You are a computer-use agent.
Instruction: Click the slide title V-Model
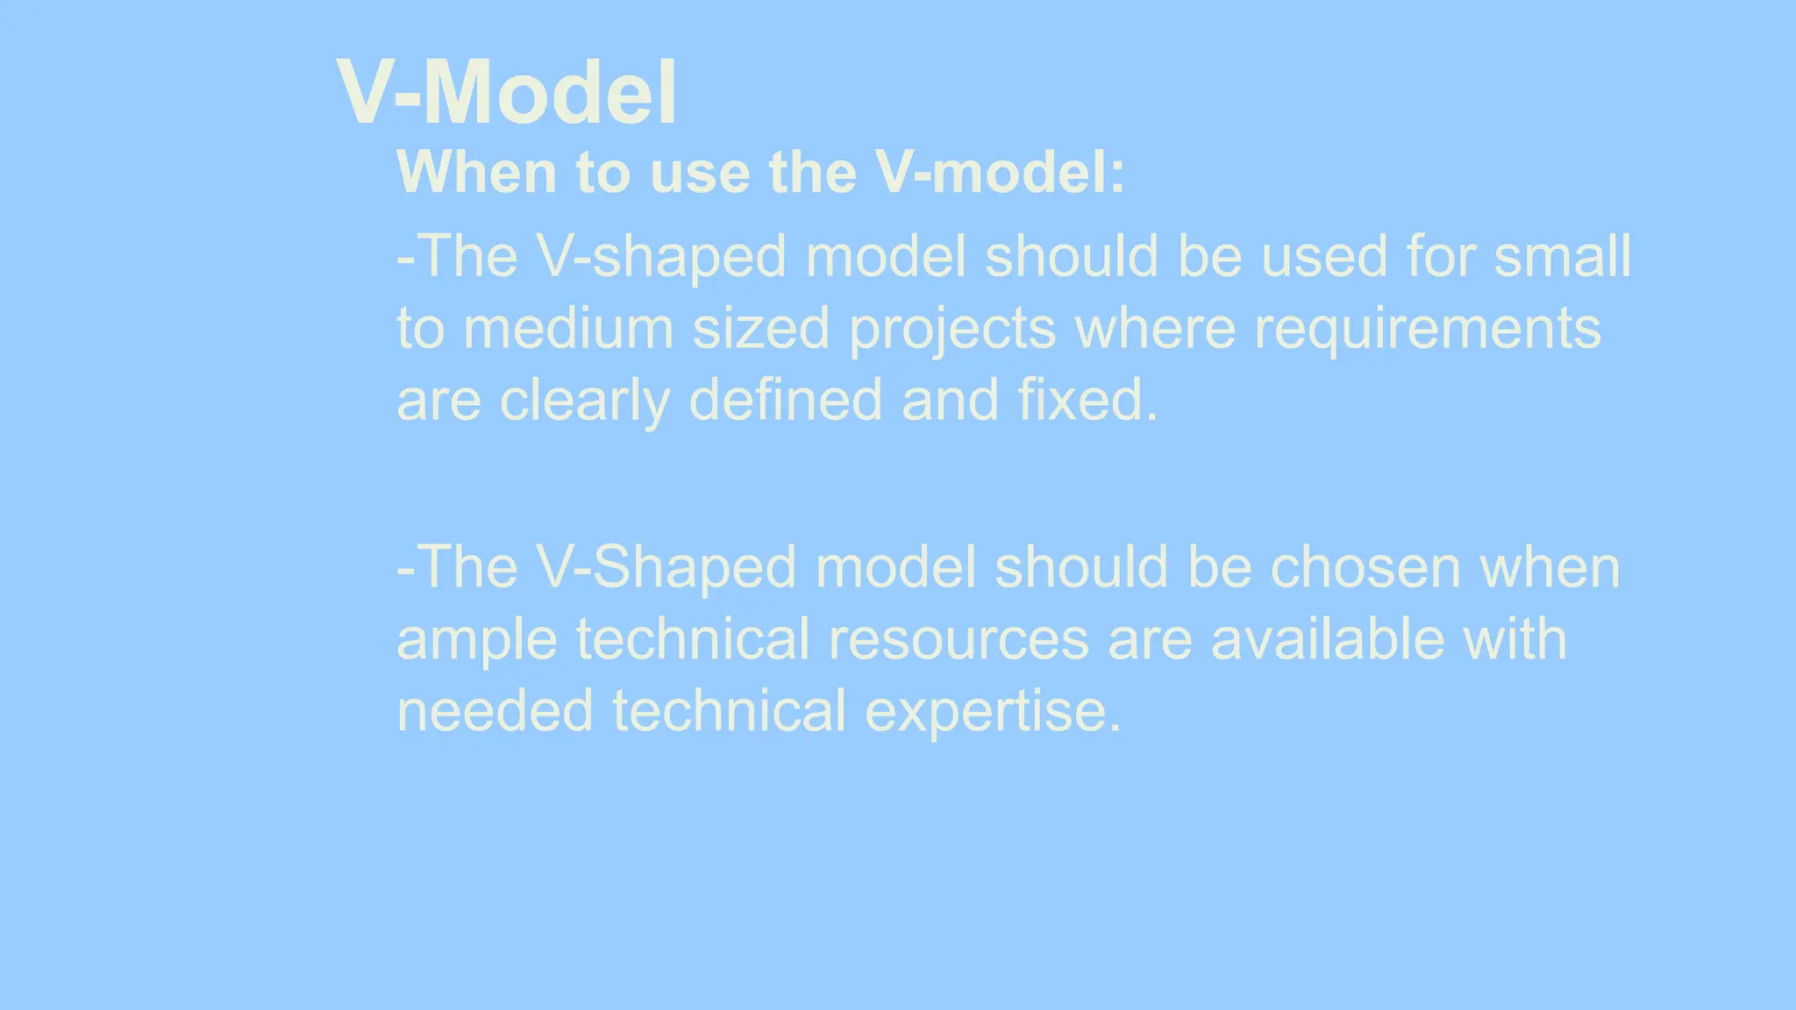coord(507,93)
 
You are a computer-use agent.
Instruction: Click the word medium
coord(568,329)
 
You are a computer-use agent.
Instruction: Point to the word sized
coord(761,329)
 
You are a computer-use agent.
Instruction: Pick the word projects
coord(952,331)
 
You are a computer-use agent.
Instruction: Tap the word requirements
coord(1428,329)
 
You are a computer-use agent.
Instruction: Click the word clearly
coord(584,401)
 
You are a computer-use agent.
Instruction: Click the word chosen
coord(1365,567)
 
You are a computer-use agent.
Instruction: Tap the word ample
coord(476,640)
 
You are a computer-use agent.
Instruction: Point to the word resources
coord(958,640)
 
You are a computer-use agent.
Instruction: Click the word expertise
coord(993,711)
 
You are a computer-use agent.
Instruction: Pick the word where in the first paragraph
coord(1155,329)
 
